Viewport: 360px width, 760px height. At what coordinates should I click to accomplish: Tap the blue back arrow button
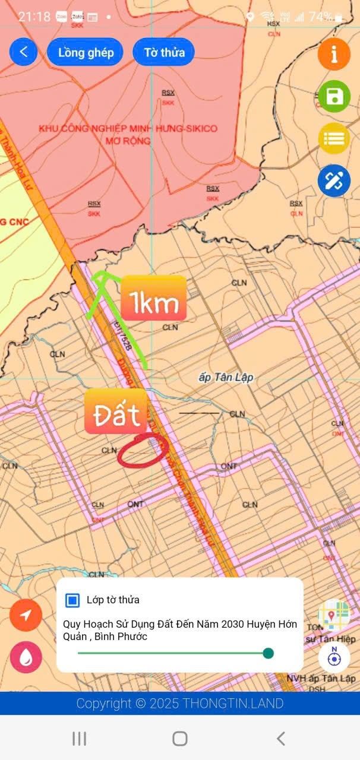point(24,52)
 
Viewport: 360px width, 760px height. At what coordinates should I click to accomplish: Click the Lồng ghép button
point(86,52)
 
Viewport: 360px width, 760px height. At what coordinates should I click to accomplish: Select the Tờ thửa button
point(164,52)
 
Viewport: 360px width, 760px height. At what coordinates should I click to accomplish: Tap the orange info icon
point(334,54)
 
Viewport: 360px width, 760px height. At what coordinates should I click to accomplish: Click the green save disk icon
point(334,96)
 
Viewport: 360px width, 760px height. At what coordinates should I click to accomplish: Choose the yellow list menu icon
point(334,139)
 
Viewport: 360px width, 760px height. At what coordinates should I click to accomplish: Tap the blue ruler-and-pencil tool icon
point(334,181)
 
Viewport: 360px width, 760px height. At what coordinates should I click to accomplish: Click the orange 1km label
point(154,304)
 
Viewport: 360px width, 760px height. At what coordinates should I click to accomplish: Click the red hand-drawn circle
point(143,451)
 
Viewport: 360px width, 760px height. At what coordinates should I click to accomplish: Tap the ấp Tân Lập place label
point(225,378)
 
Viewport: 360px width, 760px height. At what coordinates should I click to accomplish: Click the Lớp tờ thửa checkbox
point(72,600)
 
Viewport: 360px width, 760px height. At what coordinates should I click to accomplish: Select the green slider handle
point(268,653)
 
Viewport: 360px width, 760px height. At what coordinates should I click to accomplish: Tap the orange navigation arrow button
point(26,615)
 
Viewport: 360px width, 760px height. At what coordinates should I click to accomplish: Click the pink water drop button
point(26,657)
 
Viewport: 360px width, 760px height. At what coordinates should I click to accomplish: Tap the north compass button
point(334,657)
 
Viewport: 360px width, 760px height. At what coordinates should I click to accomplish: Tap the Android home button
point(180,738)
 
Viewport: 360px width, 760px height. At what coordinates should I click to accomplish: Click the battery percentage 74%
point(320,17)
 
